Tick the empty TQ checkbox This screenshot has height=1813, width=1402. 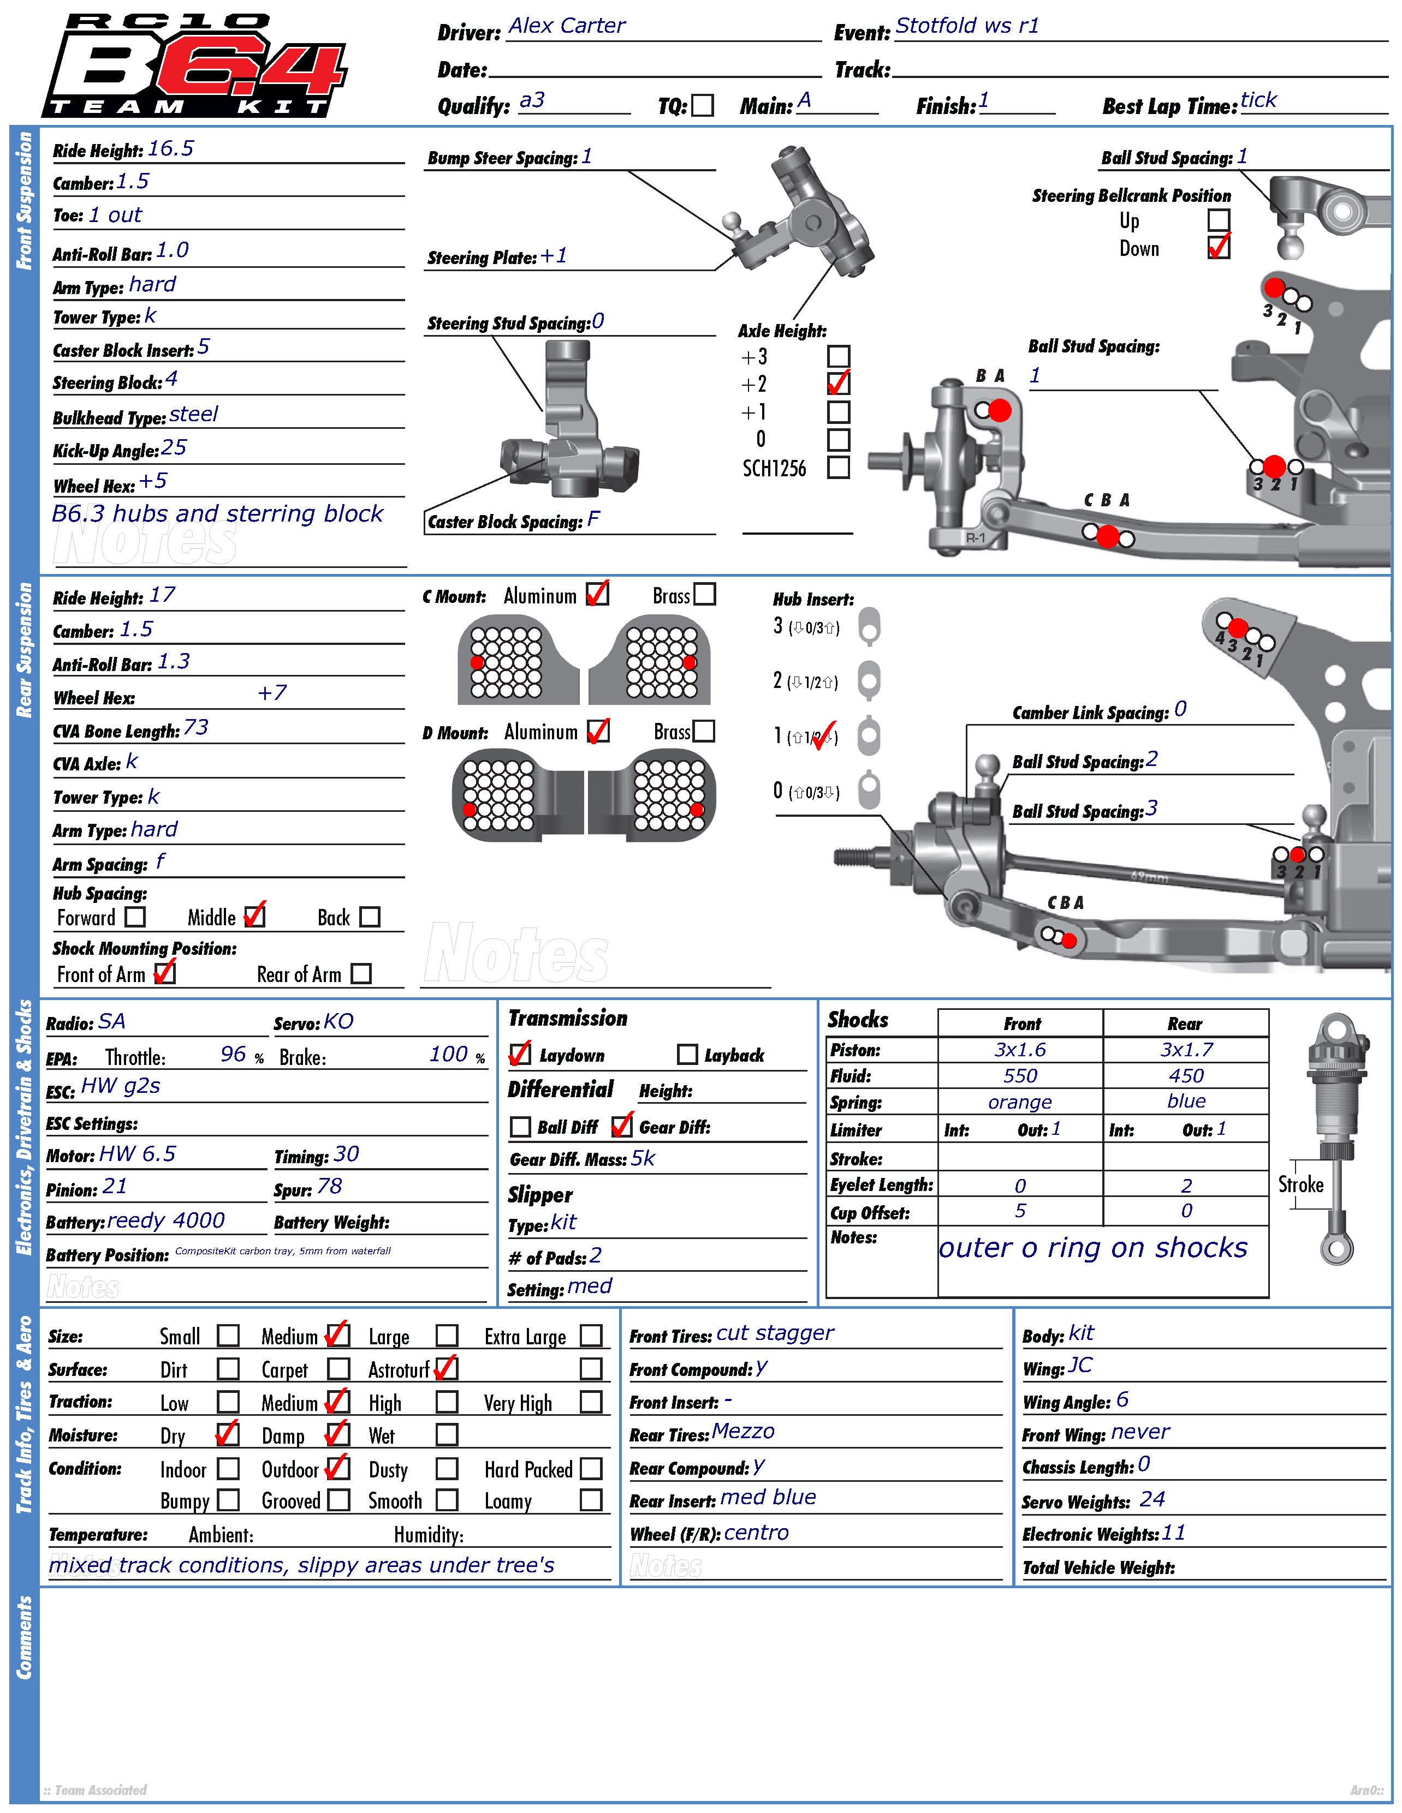[x=703, y=105]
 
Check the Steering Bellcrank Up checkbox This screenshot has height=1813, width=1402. [x=1219, y=220]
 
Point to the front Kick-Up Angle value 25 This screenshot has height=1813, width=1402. [x=174, y=448]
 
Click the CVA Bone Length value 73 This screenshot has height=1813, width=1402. [x=196, y=728]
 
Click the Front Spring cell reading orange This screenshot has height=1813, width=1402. [x=1020, y=1103]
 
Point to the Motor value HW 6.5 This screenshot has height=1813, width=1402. [x=137, y=1154]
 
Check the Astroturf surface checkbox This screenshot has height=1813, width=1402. [x=446, y=1368]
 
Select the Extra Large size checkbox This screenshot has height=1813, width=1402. [x=591, y=1336]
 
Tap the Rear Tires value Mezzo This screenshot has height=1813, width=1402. [x=742, y=1432]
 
